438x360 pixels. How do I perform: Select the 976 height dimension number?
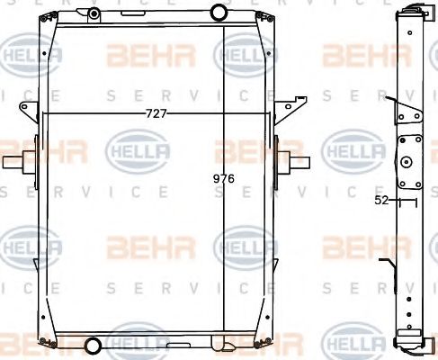223,179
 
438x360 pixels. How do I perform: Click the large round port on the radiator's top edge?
219,12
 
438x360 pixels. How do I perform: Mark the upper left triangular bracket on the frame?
28,108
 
